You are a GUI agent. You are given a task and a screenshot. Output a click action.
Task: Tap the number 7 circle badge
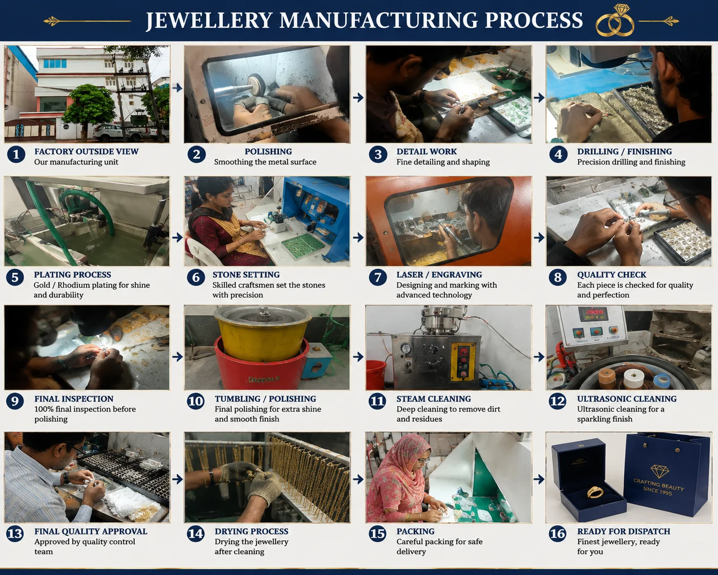point(377,277)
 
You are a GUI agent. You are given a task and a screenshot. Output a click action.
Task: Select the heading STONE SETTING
point(246,275)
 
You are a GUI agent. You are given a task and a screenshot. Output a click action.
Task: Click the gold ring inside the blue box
point(595,491)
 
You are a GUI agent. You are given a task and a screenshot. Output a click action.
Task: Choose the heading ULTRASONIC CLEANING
point(626,399)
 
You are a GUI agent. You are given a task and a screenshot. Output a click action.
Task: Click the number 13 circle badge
point(15,533)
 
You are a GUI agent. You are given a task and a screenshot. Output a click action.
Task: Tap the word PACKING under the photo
point(415,531)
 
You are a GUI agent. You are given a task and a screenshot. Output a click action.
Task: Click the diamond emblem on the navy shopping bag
point(659,471)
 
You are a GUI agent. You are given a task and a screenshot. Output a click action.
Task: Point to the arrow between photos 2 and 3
point(358,97)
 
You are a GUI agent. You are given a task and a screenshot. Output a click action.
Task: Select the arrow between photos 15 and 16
point(539,480)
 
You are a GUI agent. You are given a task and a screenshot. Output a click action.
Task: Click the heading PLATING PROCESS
point(72,275)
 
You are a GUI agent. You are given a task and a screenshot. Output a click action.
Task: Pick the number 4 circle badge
point(558,154)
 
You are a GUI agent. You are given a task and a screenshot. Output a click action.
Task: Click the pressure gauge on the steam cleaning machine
point(406,349)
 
